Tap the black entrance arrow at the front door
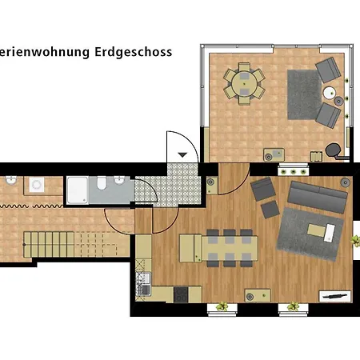(182, 154)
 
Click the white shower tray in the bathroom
(79, 189)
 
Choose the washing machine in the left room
(37, 185)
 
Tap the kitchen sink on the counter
(145, 282)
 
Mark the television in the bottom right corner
(330, 294)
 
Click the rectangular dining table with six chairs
(230, 247)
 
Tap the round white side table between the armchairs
(329, 94)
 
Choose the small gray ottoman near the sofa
(268, 210)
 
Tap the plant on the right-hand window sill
(294, 306)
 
